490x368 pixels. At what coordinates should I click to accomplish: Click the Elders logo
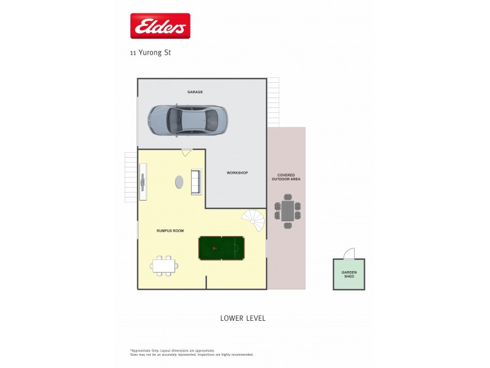(160, 26)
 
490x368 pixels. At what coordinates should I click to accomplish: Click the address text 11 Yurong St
(150, 53)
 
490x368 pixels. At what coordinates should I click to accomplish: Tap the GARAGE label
(195, 92)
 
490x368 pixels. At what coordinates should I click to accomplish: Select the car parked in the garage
(187, 119)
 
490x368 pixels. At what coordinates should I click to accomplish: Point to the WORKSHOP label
(237, 173)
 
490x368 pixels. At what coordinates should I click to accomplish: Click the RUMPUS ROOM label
(170, 231)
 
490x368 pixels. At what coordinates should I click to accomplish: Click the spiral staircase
(253, 220)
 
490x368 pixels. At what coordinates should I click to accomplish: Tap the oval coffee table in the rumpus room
(179, 182)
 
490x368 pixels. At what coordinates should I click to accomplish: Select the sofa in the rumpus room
(196, 182)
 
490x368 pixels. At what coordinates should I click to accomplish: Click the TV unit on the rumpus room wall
(143, 182)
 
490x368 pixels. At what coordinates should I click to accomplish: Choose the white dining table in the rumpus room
(164, 266)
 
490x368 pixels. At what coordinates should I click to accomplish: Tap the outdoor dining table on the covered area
(287, 210)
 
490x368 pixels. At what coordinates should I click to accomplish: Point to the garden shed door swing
(349, 254)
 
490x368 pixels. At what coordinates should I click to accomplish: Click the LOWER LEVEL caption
(243, 318)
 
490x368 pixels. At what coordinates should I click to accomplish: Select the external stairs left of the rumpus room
(130, 177)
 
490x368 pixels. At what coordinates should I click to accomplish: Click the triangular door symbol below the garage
(187, 152)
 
